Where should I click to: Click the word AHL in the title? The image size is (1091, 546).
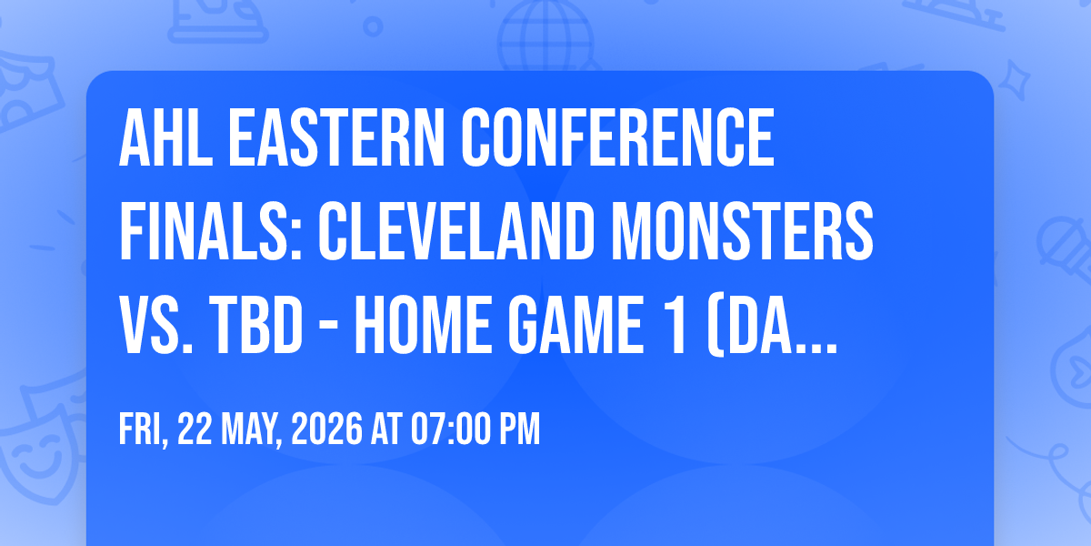tap(166, 138)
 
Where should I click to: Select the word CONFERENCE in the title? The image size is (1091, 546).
tap(617, 138)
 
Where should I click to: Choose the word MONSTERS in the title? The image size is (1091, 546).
tap(742, 231)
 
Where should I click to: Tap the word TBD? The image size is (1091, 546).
tap(256, 325)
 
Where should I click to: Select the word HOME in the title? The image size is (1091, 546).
tap(422, 325)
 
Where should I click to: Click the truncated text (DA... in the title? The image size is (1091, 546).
tap(773, 326)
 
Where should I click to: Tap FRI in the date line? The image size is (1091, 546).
tap(142, 429)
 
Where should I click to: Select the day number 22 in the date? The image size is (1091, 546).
tap(195, 429)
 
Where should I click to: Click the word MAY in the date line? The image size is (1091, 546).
tap(251, 429)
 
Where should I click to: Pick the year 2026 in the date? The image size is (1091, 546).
tap(326, 429)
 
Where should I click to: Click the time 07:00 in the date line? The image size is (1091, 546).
tap(450, 429)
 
